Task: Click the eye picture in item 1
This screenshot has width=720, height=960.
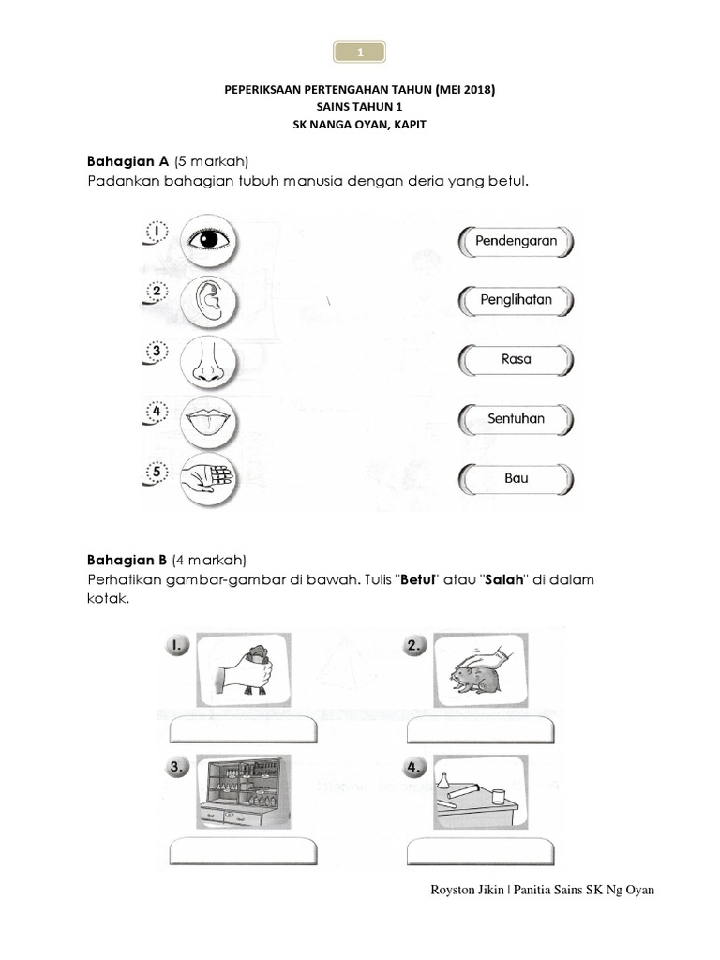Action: (x=208, y=239)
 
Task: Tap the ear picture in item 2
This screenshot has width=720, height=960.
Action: (x=208, y=299)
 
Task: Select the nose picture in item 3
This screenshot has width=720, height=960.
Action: (x=208, y=360)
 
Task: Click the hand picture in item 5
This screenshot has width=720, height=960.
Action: (x=208, y=477)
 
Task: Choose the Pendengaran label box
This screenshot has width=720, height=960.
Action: (x=516, y=241)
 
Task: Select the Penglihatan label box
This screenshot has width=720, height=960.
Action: (x=516, y=300)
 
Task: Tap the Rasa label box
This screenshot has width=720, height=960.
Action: (x=516, y=359)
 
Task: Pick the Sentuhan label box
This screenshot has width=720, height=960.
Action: (x=516, y=419)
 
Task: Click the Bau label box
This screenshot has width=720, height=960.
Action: (x=516, y=478)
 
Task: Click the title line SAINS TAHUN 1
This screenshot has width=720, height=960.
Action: (x=359, y=107)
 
